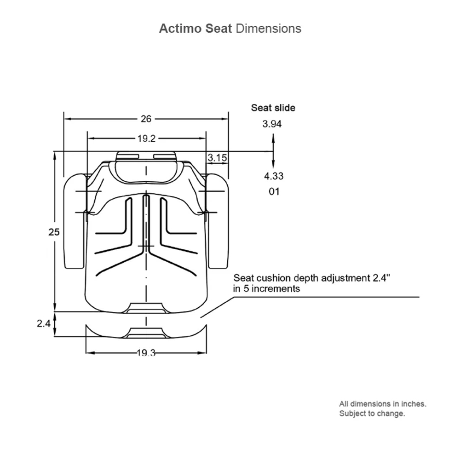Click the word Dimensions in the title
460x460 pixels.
click(x=268, y=29)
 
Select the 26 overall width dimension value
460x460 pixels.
click(x=146, y=119)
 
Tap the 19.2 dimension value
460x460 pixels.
click(x=146, y=138)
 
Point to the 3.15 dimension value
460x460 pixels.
click(x=217, y=158)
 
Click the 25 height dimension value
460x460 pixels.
click(x=54, y=232)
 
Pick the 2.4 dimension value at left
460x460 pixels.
click(x=43, y=324)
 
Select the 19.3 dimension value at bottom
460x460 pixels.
click(x=146, y=353)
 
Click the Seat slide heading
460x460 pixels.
click(x=273, y=108)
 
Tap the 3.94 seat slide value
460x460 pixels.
click(x=272, y=124)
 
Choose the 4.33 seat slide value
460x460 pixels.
click(x=273, y=176)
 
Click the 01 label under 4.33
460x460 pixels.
click(x=274, y=191)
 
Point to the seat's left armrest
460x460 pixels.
click(x=74, y=221)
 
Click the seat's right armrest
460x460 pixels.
click(x=218, y=221)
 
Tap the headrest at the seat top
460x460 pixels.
click(x=146, y=167)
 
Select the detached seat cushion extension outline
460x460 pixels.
click(x=146, y=332)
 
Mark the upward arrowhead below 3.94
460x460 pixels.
click(x=274, y=137)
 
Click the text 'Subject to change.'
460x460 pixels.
click(x=372, y=414)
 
